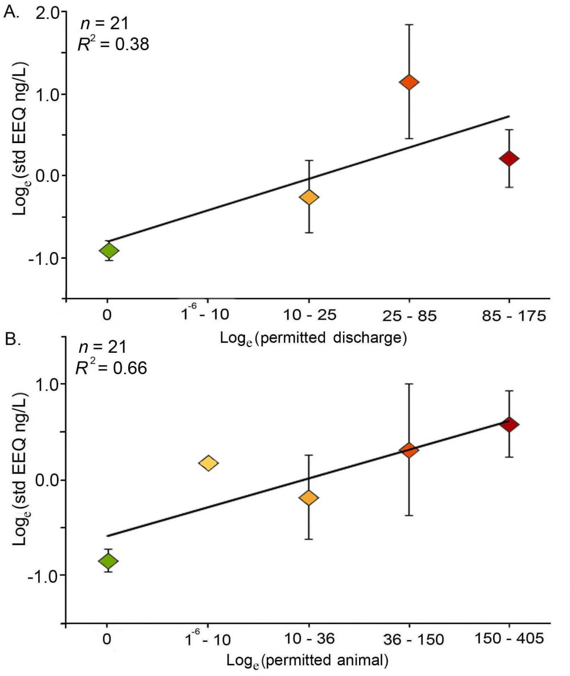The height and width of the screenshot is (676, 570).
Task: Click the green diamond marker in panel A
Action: [x=108, y=250]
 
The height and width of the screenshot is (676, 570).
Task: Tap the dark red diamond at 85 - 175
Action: [x=509, y=158]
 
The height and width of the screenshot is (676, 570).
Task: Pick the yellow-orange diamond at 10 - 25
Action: [x=309, y=197]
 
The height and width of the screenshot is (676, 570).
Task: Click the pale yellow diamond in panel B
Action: [x=208, y=463]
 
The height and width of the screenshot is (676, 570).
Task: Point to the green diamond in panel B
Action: [x=108, y=561]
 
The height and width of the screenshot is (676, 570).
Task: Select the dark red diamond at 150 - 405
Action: [x=509, y=425]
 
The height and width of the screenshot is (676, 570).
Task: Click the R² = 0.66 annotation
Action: [x=112, y=368]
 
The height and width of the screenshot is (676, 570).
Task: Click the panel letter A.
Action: [x=12, y=14]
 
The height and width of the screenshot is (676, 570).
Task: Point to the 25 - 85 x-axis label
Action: [x=409, y=315]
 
